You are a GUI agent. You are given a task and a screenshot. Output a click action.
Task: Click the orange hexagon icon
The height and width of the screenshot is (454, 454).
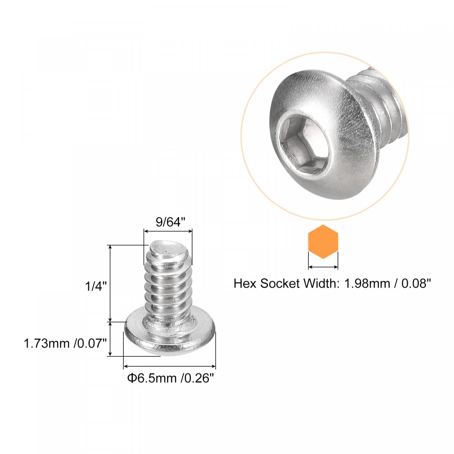tap(323, 241)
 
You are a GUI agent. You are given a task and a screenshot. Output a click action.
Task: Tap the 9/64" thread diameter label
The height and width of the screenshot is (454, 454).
tap(171, 222)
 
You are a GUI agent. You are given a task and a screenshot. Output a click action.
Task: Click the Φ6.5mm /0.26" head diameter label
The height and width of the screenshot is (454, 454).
tap(171, 378)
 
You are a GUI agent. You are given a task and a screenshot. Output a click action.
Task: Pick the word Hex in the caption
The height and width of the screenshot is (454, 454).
tap(245, 283)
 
